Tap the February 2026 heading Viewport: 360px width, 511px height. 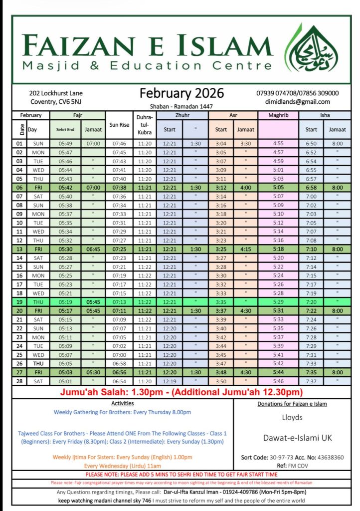[181, 93]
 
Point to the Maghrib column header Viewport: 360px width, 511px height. [279, 115]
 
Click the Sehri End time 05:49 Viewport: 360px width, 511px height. [65, 144]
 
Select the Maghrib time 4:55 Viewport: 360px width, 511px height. [279, 144]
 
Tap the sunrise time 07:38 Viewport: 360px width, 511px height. [120, 188]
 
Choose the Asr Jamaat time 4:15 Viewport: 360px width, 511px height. [245, 249]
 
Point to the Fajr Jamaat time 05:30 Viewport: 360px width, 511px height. [93, 372]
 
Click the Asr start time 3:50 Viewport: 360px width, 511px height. [221, 381]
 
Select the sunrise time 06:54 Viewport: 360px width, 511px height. [120, 381]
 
